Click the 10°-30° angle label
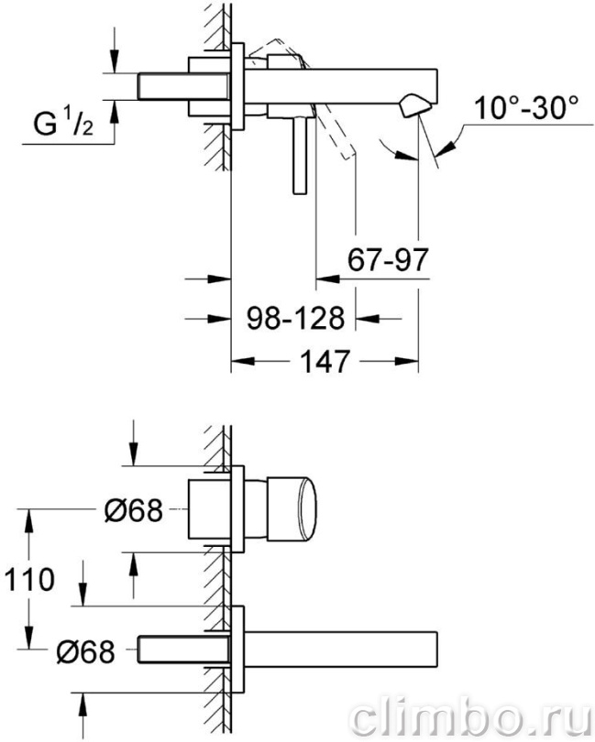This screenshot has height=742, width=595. pyautogui.click(x=526, y=108)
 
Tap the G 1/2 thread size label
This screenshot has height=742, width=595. pyautogui.click(x=63, y=125)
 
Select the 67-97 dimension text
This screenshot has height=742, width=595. pyautogui.click(x=388, y=259)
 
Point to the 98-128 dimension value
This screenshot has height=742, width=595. pyautogui.click(x=295, y=318)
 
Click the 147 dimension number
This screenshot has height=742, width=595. pyautogui.click(x=325, y=361)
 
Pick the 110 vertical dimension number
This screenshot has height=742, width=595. pyautogui.click(x=29, y=580)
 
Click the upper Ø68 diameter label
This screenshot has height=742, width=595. pyautogui.click(x=133, y=510)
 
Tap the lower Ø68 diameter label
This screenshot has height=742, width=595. pyautogui.click(x=85, y=651)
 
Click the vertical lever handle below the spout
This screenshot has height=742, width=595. pyautogui.click(x=300, y=156)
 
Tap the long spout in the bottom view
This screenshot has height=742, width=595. pyautogui.click(x=340, y=649)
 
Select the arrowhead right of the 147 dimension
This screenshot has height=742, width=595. pyautogui.click(x=406, y=361)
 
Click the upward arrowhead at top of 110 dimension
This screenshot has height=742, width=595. pyautogui.click(x=29, y=521)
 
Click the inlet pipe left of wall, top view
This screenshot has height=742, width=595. pyautogui.click(x=183, y=86)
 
